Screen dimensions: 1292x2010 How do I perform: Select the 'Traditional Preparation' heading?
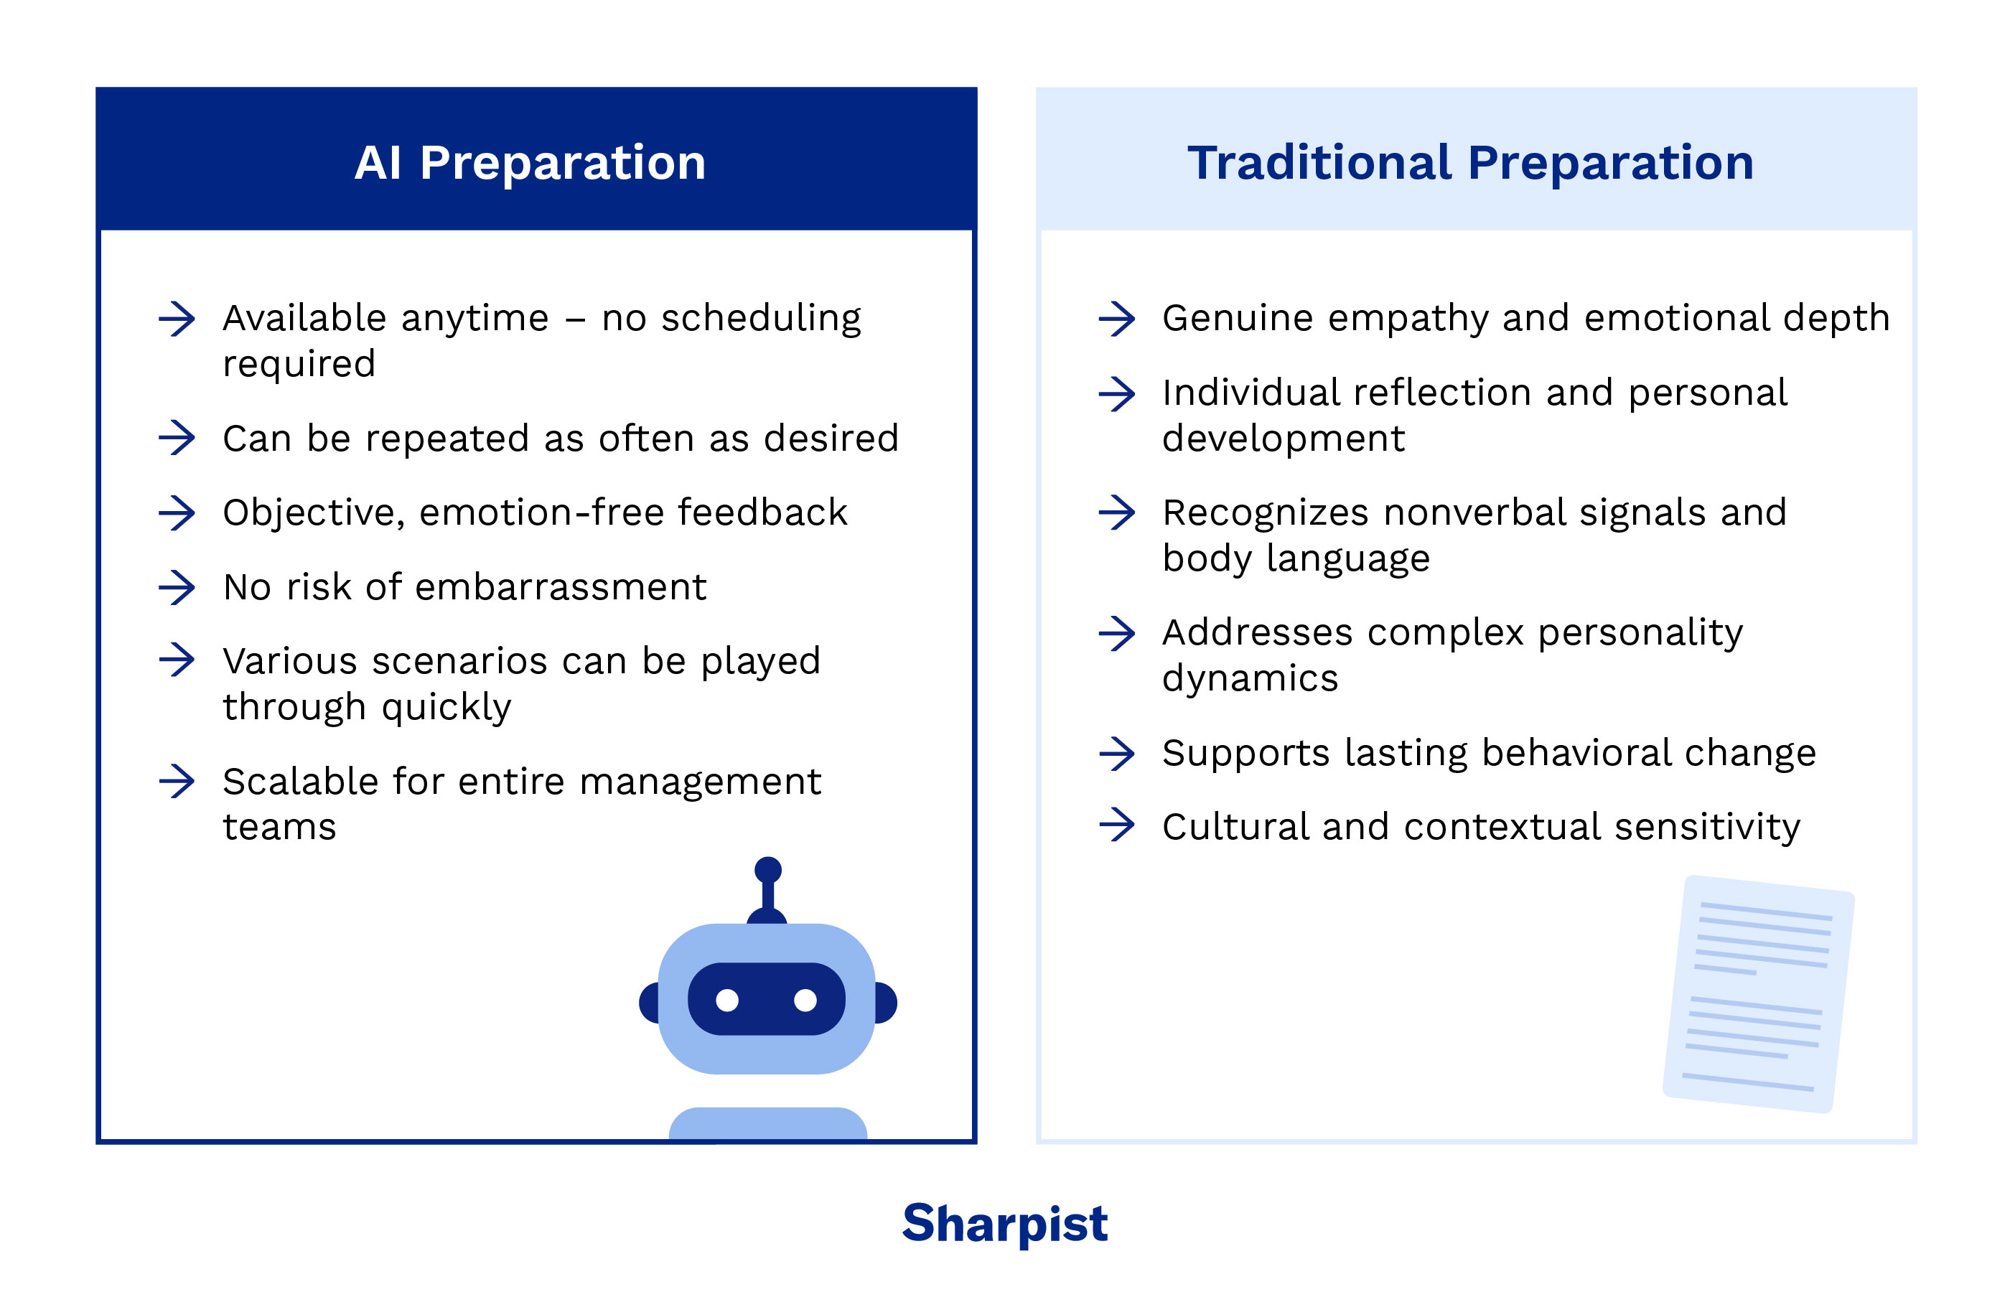[1469, 163]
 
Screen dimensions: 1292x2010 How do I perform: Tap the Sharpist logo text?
[1004, 1223]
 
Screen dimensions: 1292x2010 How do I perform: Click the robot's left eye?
[727, 1000]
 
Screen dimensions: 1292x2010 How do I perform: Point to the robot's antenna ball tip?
[767, 869]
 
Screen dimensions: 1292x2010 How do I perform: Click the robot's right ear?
[886, 1003]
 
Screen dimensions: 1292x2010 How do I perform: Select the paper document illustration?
[1757, 994]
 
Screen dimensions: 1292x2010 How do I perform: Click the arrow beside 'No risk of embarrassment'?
[177, 587]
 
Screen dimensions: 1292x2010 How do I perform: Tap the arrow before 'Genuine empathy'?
[1116, 319]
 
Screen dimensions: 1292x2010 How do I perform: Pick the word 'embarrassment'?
[561, 587]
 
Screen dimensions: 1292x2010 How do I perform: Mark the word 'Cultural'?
[1234, 827]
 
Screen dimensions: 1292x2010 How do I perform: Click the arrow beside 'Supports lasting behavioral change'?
[1116, 754]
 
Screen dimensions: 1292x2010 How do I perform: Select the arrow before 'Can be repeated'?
[177, 438]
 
